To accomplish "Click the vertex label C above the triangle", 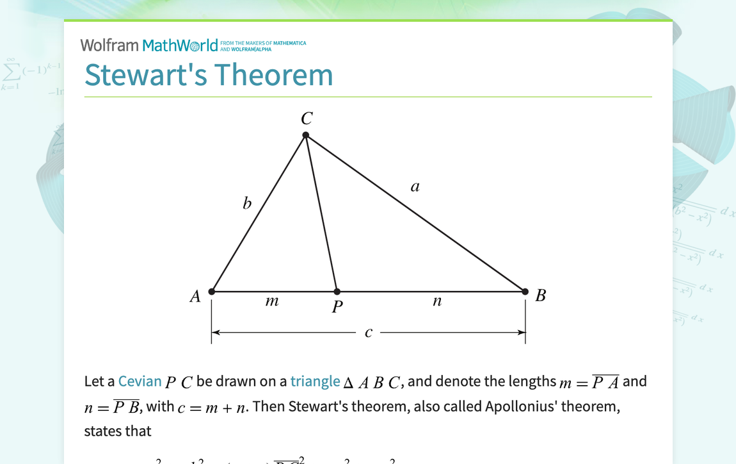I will point(307,119).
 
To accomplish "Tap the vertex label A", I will point(195,296).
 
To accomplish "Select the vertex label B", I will point(541,295).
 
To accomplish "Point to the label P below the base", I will point(337,308).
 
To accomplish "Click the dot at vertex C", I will point(306,135).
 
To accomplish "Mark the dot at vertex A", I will point(212,292).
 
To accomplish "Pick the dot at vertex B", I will point(525,292).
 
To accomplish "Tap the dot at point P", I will point(337,292).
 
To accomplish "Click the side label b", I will point(247,204).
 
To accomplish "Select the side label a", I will point(415,186).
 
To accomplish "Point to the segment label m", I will point(272,301).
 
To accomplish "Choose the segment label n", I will point(437,301).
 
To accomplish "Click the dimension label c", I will point(369,333).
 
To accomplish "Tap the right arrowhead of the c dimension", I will point(521,333).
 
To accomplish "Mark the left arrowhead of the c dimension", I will point(216,333).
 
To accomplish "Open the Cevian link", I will point(140,381).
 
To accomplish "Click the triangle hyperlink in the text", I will point(315,381).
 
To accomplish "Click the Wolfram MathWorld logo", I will point(149,46).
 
